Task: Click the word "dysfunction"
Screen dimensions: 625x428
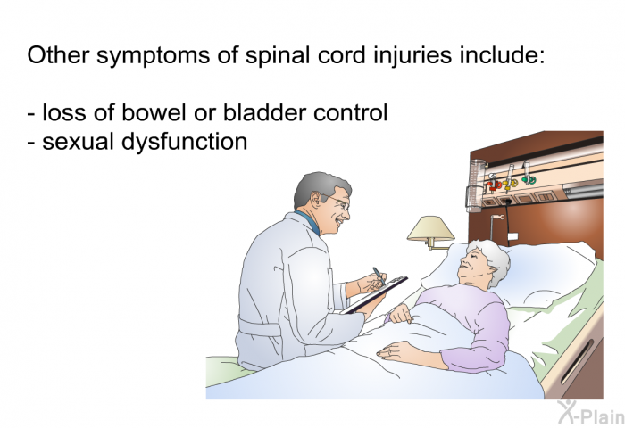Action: tap(184, 142)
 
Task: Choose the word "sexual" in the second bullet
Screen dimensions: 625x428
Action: tap(79, 142)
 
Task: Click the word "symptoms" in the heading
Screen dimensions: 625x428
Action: tap(153, 56)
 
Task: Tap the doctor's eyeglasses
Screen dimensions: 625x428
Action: tap(337, 202)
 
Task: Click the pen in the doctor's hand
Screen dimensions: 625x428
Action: tap(379, 276)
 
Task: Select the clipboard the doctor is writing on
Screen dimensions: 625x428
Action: tap(375, 294)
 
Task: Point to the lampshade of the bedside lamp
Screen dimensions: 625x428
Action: tap(430, 228)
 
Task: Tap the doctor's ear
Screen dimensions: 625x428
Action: tap(316, 200)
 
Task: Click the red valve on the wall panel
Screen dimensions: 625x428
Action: tap(494, 185)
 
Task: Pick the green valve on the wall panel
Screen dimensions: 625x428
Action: tap(529, 181)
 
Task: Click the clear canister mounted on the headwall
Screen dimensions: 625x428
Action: tap(476, 185)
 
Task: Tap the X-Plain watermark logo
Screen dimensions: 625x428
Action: tap(591, 413)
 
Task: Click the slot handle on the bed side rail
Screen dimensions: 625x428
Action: tap(578, 362)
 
